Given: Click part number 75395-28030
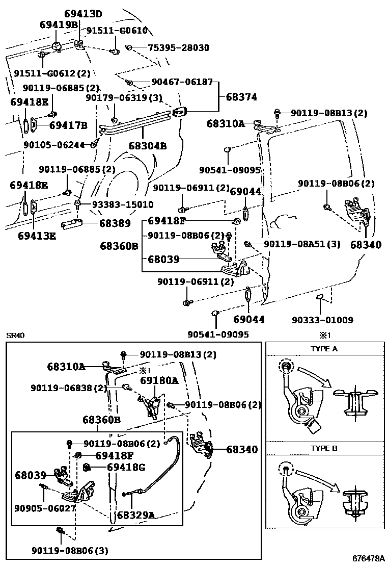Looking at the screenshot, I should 178,47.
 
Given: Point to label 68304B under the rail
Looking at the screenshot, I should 148,146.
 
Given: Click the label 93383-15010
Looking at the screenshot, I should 123,204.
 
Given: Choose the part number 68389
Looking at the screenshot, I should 115,223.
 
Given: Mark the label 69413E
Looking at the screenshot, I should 37,236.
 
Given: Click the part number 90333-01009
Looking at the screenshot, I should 322,320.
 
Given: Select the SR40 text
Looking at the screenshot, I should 15,336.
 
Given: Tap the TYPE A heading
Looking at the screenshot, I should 324,349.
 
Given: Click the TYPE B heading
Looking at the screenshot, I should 324,448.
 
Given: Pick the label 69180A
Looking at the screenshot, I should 159,380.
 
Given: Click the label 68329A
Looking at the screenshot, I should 135,515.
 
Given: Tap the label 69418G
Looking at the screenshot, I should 126,467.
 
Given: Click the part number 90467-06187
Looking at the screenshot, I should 182,82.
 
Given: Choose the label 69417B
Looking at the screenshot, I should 68,125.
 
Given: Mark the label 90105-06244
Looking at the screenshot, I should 54,144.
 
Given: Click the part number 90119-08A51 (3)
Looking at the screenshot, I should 302,244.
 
